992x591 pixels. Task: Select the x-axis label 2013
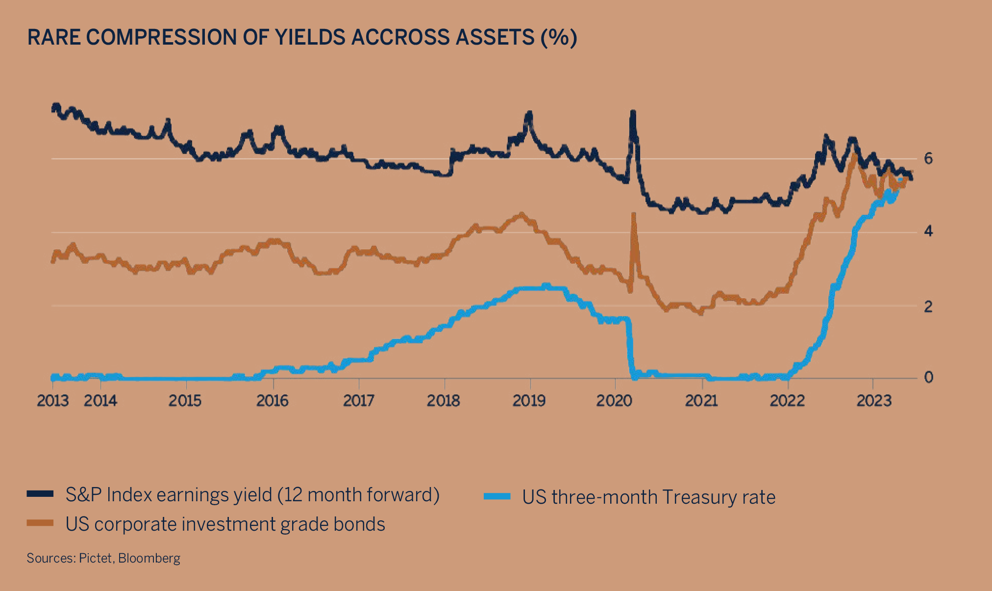(53, 401)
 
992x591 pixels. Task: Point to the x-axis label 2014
(100, 401)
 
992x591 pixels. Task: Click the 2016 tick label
(273, 401)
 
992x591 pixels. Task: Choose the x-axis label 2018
(444, 401)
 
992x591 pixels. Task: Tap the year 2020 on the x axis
(614, 401)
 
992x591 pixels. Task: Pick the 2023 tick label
(873, 401)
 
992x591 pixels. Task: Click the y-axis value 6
(928, 158)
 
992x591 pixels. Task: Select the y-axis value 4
(928, 231)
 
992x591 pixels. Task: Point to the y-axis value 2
(928, 307)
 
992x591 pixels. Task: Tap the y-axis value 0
(928, 377)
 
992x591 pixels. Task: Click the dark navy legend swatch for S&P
(40, 494)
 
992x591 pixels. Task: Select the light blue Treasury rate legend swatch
(497, 496)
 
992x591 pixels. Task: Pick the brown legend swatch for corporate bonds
(40, 523)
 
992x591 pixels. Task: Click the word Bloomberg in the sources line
(149, 558)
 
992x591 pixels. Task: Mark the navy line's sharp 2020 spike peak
(633, 113)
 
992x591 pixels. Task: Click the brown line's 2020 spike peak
(634, 214)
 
